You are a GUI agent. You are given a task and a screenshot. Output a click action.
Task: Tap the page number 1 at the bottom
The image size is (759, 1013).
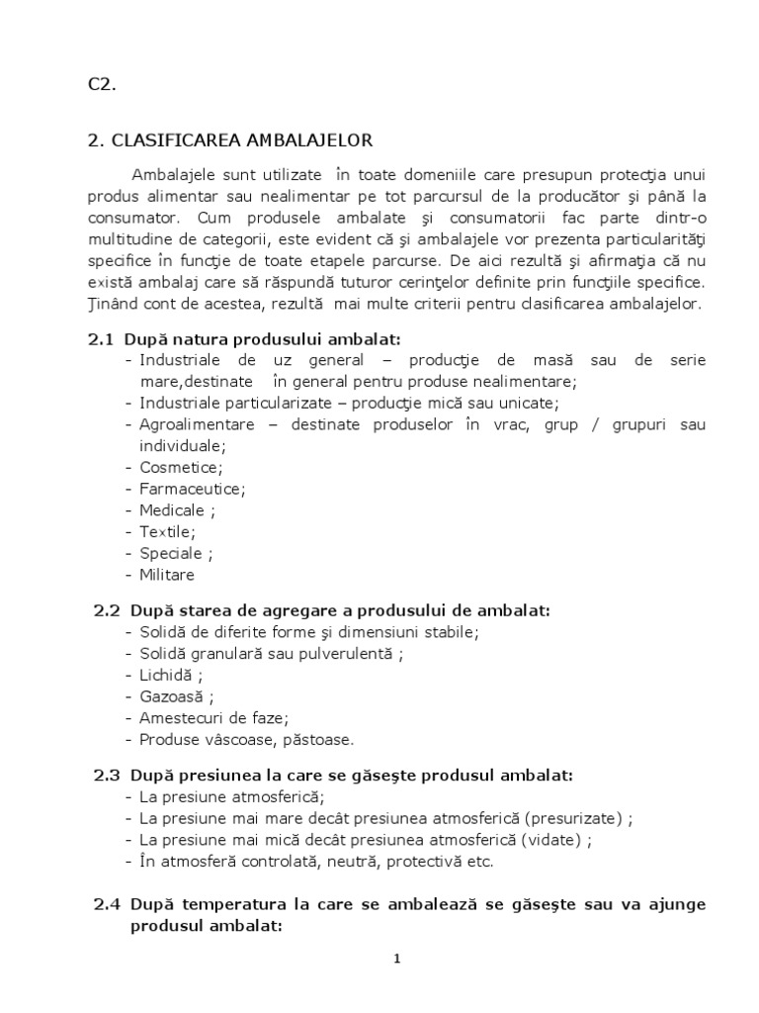[x=396, y=959]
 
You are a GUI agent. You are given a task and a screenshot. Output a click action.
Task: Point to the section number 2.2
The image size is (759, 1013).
[x=107, y=610]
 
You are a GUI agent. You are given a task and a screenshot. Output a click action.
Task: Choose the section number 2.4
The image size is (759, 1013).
[x=107, y=905]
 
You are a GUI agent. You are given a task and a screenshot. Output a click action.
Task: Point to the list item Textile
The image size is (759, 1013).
[x=167, y=532]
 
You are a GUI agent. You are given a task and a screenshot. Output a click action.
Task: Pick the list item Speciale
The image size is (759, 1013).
[x=174, y=554]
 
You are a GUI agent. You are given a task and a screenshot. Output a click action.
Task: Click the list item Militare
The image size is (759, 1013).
[x=167, y=575]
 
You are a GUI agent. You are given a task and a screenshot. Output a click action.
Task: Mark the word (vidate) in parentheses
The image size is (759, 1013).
[x=551, y=840]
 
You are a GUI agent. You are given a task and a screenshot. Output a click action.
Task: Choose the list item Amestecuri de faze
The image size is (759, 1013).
[x=213, y=718]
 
